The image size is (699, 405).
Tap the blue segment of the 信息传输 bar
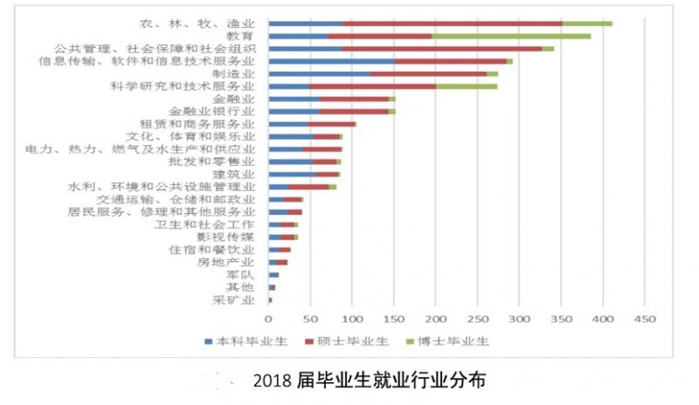point(331,61)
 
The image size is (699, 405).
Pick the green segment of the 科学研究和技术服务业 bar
point(467,86)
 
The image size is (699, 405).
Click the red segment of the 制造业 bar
point(428,74)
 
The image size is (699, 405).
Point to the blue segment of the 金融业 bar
point(294,100)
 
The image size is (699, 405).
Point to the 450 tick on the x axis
point(644,319)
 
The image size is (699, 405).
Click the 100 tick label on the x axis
point(352,319)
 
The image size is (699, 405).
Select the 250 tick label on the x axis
point(477,319)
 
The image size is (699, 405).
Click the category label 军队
point(239,274)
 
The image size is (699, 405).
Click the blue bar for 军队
point(273,275)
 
